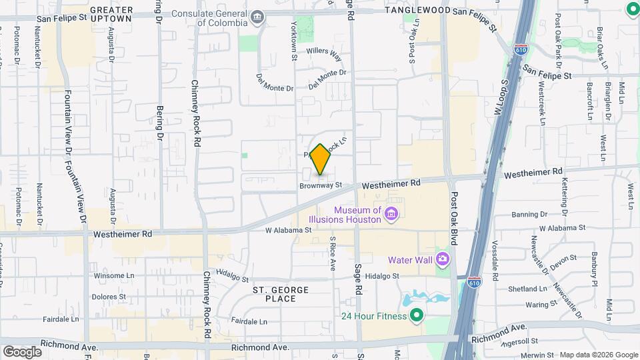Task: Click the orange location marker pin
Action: point(321,159)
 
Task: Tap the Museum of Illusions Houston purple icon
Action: point(391,215)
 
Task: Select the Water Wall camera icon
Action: point(441,259)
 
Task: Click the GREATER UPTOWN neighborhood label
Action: point(111,15)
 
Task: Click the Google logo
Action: point(23,351)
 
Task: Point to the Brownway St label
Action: point(320,185)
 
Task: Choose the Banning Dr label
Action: point(529,215)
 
